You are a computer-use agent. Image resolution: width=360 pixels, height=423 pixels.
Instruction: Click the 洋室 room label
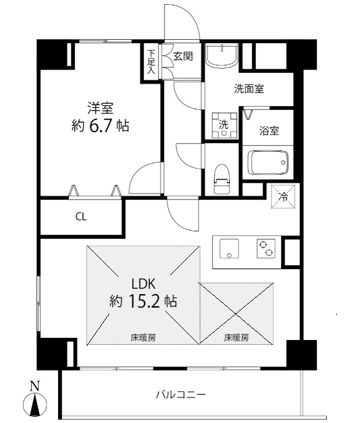coord(100,108)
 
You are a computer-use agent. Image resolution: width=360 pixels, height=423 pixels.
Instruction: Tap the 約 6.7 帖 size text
coord(100,125)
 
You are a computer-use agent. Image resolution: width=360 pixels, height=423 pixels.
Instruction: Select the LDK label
coord(143,284)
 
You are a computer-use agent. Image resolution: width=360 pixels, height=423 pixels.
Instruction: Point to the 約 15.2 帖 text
coord(143,301)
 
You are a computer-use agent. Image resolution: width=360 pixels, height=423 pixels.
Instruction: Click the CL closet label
coord(81,217)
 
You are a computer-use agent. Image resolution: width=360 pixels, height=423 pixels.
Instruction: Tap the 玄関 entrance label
coord(183,56)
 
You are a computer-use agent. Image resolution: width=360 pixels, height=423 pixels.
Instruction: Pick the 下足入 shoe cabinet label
coord(151,62)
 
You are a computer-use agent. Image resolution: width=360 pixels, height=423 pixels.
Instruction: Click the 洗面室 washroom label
coord(249,88)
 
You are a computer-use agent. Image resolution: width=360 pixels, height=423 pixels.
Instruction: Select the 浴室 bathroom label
coord(269,131)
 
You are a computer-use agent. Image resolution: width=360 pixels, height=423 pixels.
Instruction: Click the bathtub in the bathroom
coord(268,163)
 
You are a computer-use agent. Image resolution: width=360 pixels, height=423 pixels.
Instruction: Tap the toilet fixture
coord(222,179)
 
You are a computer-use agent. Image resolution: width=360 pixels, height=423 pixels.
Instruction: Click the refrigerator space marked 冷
coord(283,196)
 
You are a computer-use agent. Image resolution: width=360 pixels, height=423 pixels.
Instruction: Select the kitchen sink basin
coord(229,248)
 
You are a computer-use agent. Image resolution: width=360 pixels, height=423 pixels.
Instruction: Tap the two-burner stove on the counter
coord(266,248)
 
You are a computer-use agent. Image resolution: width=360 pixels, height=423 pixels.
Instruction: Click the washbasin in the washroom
coord(222,56)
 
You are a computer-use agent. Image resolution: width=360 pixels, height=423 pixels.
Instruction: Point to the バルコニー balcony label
coord(180,395)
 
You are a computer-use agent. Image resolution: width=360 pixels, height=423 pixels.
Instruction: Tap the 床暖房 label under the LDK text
coord(143,337)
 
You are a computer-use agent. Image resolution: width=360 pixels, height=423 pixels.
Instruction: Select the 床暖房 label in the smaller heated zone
coord(236,337)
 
